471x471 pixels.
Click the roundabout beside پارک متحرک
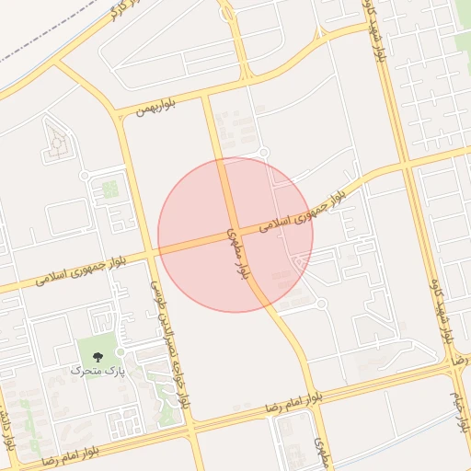click(x=121, y=352)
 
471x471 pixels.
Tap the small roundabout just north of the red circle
click(x=263, y=153)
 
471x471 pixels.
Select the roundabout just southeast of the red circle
click(x=321, y=304)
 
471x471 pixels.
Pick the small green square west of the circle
click(x=109, y=190)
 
